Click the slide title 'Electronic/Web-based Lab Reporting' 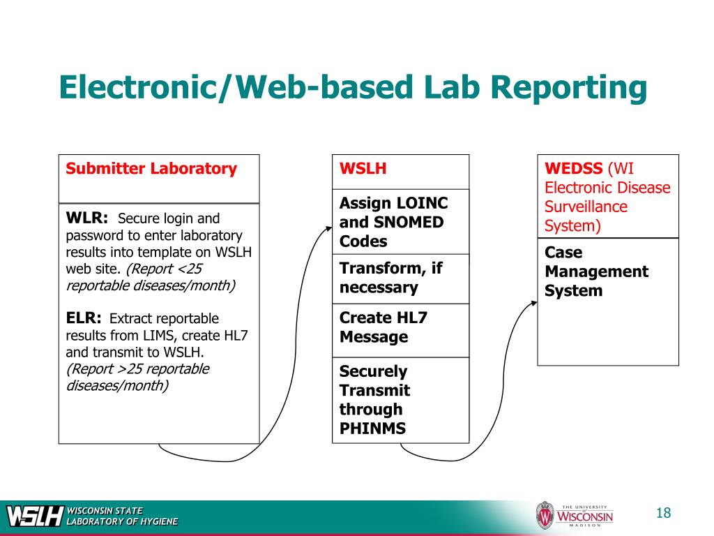pyautogui.click(x=353, y=89)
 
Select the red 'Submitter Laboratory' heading pyautogui.click(x=151, y=168)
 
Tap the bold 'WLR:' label pyautogui.click(x=86, y=218)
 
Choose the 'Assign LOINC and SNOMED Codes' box pyautogui.click(x=400, y=222)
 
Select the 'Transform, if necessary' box pyautogui.click(x=400, y=278)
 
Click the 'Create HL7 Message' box pyautogui.click(x=400, y=327)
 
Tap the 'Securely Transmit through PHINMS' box pyautogui.click(x=400, y=400)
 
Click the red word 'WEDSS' pyautogui.click(x=575, y=168)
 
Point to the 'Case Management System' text pyautogui.click(x=596, y=271)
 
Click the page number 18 pyautogui.click(x=663, y=514)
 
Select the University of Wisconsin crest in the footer pyautogui.click(x=545, y=516)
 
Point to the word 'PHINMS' pyautogui.click(x=372, y=429)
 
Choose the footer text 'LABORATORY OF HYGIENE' pyautogui.click(x=122, y=521)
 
